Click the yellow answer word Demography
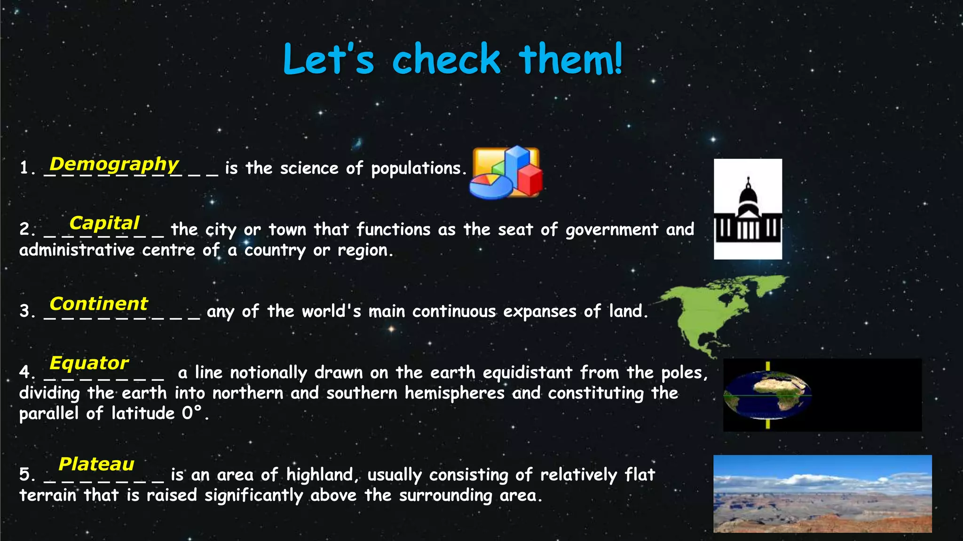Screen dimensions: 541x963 pos(114,164)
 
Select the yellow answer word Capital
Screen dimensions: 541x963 pos(104,223)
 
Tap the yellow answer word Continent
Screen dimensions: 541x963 pos(99,304)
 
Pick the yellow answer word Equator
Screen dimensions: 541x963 pos(89,363)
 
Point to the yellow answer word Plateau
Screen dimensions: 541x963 pos(96,464)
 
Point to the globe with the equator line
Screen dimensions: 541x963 pos(767,395)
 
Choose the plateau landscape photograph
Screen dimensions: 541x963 pos(822,494)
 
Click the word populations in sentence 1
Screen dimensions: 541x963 pos(417,169)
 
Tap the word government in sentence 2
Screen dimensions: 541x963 pos(612,230)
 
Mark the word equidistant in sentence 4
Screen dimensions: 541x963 pos(527,372)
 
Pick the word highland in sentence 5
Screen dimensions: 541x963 pos(320,475)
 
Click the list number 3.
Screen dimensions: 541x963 pos(25,311)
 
